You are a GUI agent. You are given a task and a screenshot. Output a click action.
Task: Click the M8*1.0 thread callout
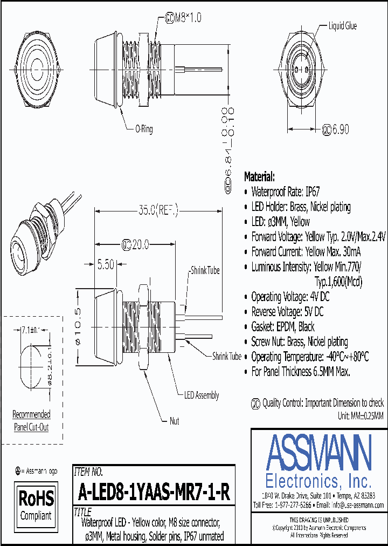(185, 18)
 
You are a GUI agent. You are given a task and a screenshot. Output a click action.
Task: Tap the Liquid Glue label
(342, 26)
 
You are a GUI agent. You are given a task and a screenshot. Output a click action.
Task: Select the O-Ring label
(144, 129)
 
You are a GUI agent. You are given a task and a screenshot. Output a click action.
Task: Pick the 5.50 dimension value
(106, 265)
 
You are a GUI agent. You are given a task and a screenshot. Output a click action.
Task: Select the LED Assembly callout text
(202, 395)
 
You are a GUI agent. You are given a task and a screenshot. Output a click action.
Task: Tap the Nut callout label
(174, 421)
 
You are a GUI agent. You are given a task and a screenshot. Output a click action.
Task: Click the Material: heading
(260, 177)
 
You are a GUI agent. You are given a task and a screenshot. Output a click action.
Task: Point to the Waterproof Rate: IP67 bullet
(286, 192)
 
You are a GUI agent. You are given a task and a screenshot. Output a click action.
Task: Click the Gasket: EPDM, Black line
(283, 327)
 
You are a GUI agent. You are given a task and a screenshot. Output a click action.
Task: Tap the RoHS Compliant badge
(36, 504)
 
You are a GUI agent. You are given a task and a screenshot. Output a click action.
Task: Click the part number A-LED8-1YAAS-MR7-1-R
(154, 492)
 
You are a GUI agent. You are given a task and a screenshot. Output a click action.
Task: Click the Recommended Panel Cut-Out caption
(31, 421)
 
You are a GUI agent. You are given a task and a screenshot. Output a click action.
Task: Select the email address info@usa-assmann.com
(357, 505)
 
